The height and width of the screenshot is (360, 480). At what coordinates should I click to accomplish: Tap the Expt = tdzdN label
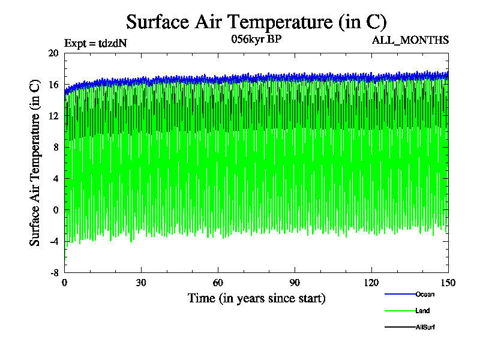95,43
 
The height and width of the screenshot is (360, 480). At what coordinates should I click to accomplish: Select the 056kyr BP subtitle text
256,40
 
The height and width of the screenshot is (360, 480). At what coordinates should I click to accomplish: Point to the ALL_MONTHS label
419,40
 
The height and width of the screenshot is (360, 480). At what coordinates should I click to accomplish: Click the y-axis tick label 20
53,53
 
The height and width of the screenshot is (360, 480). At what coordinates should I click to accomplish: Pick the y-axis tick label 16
53,85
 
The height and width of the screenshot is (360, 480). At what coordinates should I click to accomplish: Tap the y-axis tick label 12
53,116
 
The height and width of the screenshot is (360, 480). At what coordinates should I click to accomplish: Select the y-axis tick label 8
56,147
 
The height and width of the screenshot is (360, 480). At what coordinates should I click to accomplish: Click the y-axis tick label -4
53,241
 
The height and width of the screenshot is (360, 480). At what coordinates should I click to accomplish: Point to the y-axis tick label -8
53,272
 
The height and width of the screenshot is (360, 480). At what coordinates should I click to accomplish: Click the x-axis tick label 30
142,284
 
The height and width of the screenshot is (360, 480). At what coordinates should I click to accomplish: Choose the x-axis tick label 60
218,284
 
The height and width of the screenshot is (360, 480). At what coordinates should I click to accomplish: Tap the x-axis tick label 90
295,284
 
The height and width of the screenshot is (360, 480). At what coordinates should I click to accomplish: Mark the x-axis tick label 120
371,284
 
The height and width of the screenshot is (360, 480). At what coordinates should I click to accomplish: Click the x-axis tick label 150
448,284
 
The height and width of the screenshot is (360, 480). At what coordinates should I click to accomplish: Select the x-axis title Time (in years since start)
256,298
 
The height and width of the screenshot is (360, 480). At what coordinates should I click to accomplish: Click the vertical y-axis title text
35,162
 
